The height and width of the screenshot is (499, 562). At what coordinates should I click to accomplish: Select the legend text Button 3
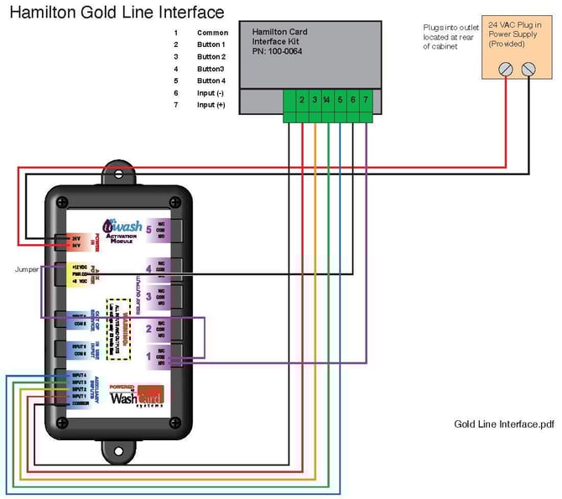(x=211, y=69)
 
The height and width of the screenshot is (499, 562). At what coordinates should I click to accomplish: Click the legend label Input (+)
(x=211, y=105)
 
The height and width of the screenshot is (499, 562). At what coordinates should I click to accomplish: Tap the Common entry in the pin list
(x=212, y=33)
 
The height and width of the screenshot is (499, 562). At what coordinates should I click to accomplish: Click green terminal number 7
(x=366, y=100)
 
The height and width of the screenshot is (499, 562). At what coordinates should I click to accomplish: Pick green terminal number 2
(x=300, y=100)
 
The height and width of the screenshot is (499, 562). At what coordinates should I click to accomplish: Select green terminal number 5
(x=340, y=100)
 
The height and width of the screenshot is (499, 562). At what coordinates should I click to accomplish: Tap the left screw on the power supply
(x=505, y=70)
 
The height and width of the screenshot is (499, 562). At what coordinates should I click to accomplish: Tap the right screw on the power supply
(x=528, y=70)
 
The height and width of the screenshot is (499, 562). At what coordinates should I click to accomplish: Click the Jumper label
(x=27, y=270)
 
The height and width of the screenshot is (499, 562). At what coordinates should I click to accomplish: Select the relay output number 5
(x=148, y=228)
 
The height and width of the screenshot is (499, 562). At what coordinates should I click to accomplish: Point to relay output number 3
(x=148, y=296)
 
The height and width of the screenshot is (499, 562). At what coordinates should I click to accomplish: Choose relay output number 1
(x=148, y=355)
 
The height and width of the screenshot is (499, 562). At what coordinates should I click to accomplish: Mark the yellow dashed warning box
(x=117, y=328)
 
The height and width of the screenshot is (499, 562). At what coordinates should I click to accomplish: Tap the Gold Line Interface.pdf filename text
(x=503, y=424)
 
